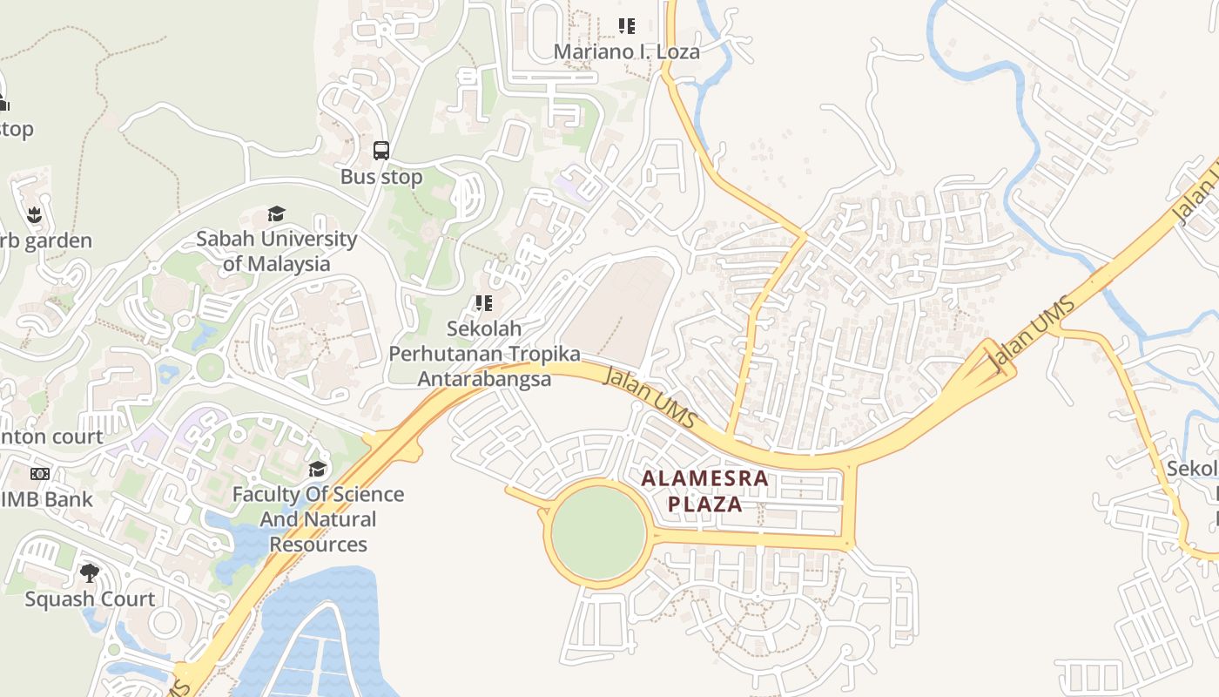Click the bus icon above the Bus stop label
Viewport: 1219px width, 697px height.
click(381, 150)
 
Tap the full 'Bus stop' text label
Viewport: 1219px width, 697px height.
click(381, 177)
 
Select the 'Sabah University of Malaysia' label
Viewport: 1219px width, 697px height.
click(276, 251)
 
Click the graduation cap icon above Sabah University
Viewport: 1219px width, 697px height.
click(276, 213)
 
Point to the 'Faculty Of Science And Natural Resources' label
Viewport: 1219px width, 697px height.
click(318, 519)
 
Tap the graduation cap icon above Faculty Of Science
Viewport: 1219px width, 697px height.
click(318, 470)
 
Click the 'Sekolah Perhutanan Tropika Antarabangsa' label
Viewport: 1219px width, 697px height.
click(484, 354)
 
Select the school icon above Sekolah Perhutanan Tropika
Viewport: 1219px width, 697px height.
click(483, 303)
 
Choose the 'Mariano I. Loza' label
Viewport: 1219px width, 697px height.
click(626, 51)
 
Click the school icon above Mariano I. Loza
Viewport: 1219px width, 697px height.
click(626, 26)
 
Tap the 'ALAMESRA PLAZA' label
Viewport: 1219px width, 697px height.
click(704, 491)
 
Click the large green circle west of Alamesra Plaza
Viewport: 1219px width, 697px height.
click(598, 532)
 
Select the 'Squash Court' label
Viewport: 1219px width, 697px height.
click(90, 599)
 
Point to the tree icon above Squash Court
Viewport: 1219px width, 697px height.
click(90, 572)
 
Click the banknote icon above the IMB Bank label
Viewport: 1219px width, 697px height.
click(40, 474)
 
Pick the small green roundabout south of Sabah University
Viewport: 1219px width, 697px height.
click(210, 367)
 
